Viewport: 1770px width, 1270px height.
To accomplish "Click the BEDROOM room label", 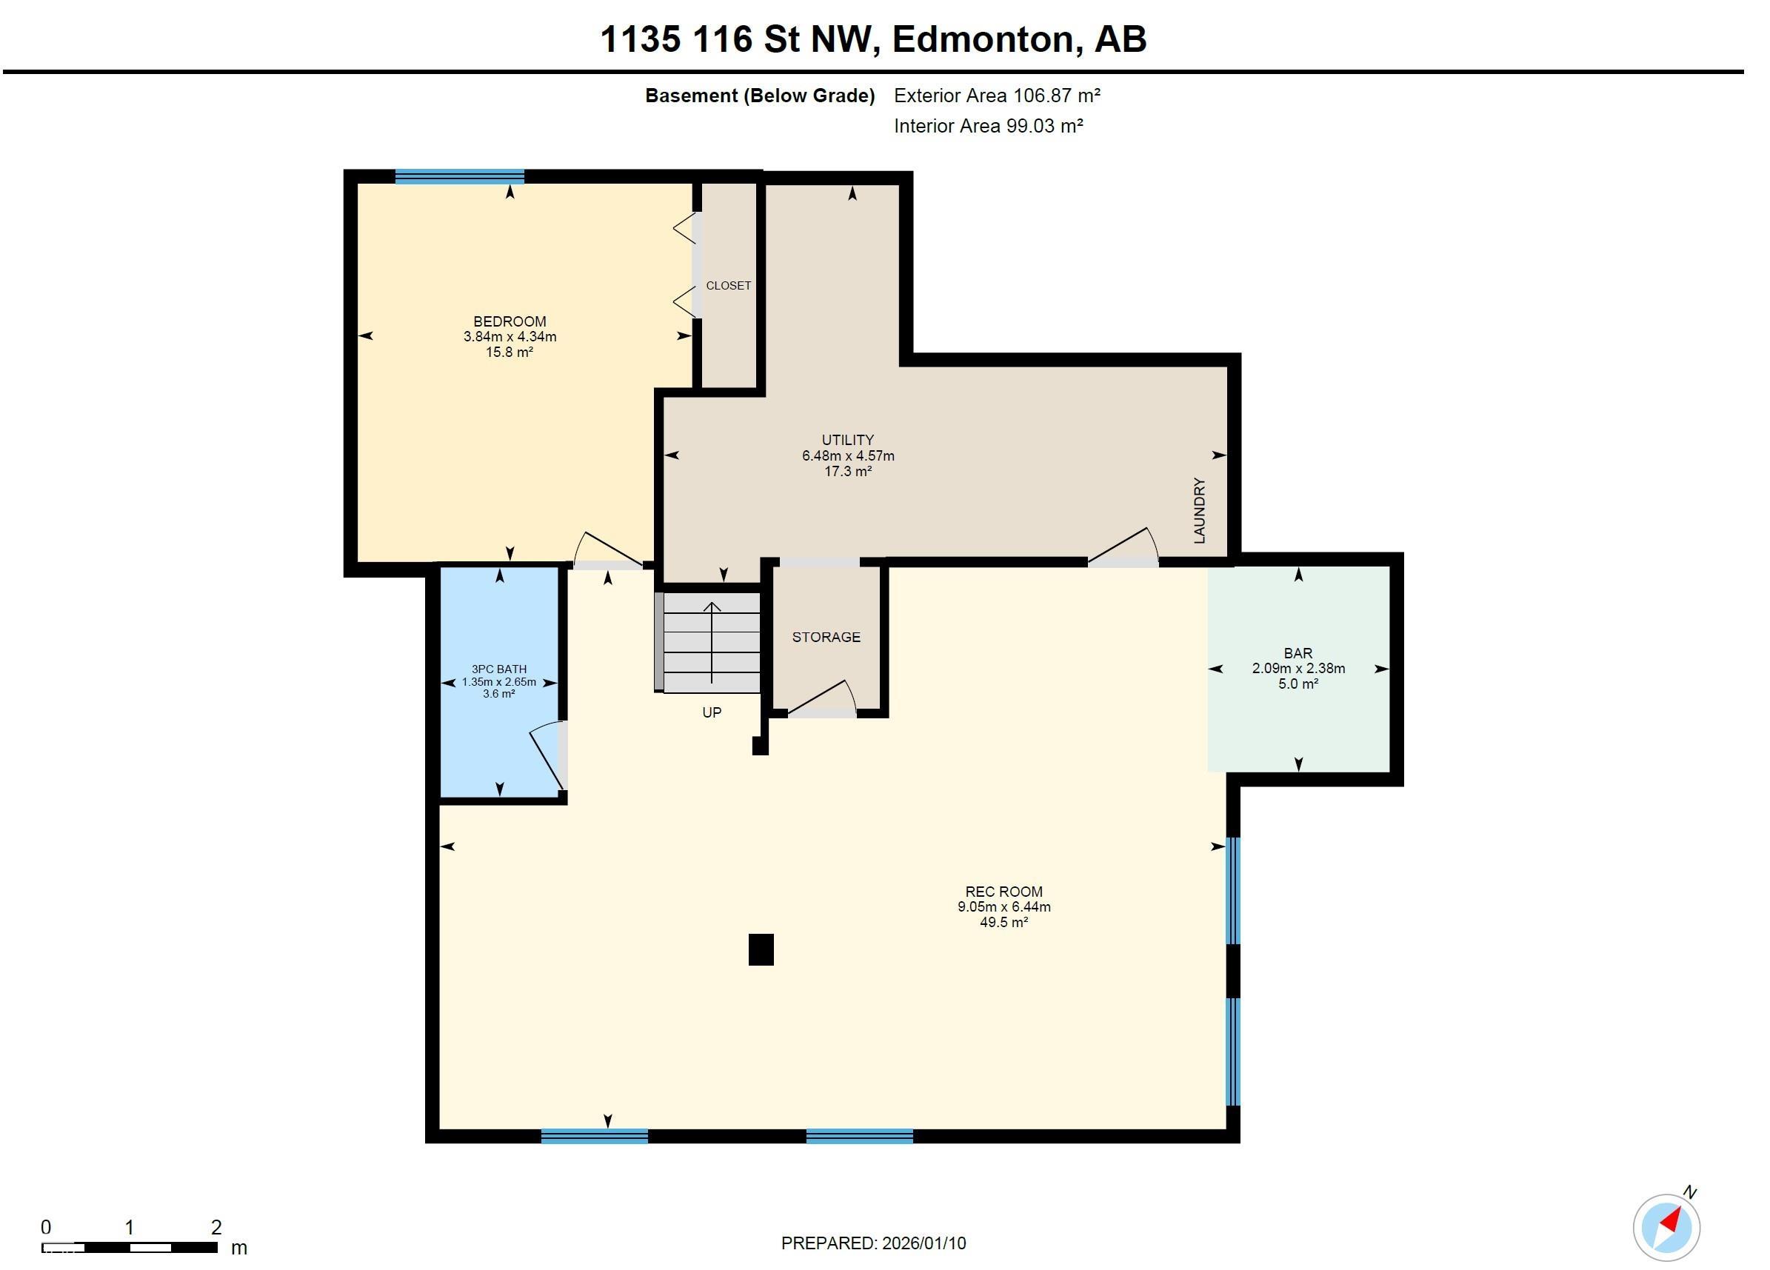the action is [510, 321].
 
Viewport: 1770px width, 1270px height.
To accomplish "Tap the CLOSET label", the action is [728, 286].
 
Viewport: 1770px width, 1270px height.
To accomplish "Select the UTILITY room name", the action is [847, 441].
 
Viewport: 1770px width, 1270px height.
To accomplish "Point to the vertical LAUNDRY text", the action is [1200, 510].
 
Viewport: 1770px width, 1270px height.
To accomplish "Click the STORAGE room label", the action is [826, 637].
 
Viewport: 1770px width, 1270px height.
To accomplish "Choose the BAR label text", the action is [1298, 653].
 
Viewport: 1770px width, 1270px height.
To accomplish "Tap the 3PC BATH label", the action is [498, 669].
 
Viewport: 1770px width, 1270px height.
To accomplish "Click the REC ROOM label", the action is [1003, 892].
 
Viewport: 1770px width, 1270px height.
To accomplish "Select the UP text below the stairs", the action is [712, 712].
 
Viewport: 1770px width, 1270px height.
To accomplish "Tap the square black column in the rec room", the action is [761, 949].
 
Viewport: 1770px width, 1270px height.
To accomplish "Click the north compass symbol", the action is [1667, 1227].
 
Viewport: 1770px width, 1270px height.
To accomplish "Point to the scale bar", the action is [130, 1247].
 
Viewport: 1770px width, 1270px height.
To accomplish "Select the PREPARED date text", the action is [873, 1243].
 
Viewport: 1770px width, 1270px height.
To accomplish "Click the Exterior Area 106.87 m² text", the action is [997, 96].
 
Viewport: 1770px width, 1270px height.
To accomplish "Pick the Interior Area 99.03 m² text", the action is [988, 127].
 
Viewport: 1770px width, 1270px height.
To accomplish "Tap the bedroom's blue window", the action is [460, 176].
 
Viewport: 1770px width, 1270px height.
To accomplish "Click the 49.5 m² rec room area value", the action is [1003, 923].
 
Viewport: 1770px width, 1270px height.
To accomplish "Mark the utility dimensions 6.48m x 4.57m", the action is [847, 456].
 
